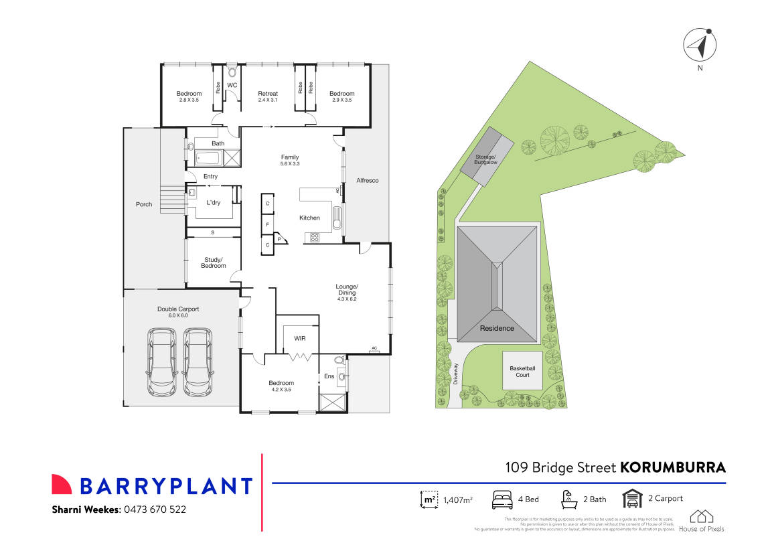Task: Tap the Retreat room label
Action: [268, 94]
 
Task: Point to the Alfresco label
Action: [368, 181]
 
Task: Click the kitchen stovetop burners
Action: [314, 238]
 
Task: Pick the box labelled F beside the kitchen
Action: [268, 225]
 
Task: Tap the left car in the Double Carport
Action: [161, 362]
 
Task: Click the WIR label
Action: [300, 339]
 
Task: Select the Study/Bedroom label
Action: [214, 262]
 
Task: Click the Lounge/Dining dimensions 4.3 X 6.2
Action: [347, 299]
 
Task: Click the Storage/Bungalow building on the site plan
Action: [487, 157]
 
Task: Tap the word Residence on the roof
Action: [497, 328]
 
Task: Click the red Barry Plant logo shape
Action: [62, 485]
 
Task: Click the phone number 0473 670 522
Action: [155, 510]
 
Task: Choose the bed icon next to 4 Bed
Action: [502, 499]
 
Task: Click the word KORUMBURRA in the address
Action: [673, 467]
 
